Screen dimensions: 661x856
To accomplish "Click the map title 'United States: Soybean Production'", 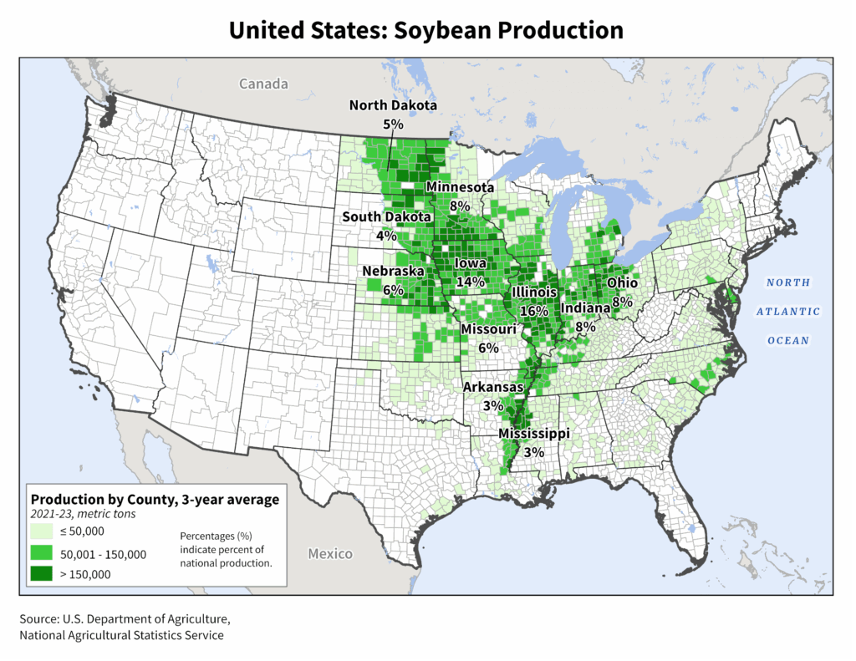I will point(426,30).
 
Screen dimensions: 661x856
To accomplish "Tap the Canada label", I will point(263,84).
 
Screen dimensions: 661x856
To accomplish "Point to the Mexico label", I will point(329,554).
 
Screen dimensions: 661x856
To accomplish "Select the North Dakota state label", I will point(393,105).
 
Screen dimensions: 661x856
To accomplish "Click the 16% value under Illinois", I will point(534,310).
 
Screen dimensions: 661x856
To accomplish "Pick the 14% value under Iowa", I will point(471,282).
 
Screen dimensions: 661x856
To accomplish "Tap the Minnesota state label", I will point(460,187).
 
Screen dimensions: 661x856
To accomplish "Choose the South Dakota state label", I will point(387,217).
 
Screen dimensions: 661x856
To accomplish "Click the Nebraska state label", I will point(394,272).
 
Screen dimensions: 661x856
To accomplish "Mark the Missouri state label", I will point(489,330).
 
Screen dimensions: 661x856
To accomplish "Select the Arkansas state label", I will point(494,388).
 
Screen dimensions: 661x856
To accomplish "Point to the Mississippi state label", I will point(534,435).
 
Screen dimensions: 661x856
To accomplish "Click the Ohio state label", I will point(623,284).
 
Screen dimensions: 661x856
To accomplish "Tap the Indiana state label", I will point(585,308).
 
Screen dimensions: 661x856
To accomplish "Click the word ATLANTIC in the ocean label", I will point(788,312).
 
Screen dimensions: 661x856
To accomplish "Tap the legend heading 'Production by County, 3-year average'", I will point(155,500).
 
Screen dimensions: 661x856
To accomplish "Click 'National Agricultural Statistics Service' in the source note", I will point(122,635).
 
